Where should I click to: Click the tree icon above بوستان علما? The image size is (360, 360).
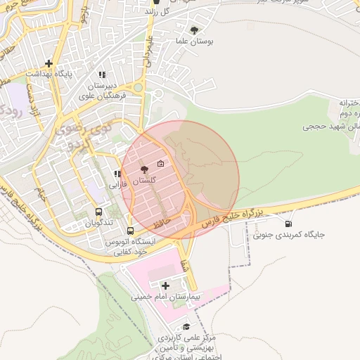194,30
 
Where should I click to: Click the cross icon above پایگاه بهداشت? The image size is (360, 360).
48,63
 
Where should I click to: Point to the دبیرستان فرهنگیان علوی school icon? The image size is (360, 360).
102,75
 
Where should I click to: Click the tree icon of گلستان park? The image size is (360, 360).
144,169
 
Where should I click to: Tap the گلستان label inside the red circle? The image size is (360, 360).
143,181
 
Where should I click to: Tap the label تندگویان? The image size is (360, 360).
99,223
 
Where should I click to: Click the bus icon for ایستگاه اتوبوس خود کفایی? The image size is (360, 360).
130,230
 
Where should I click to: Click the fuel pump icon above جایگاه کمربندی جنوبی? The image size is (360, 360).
288,224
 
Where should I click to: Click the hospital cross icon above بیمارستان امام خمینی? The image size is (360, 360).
165,285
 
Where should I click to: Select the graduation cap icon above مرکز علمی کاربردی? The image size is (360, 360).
186,327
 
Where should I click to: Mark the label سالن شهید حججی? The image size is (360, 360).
331,127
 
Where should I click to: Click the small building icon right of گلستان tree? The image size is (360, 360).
160,165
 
